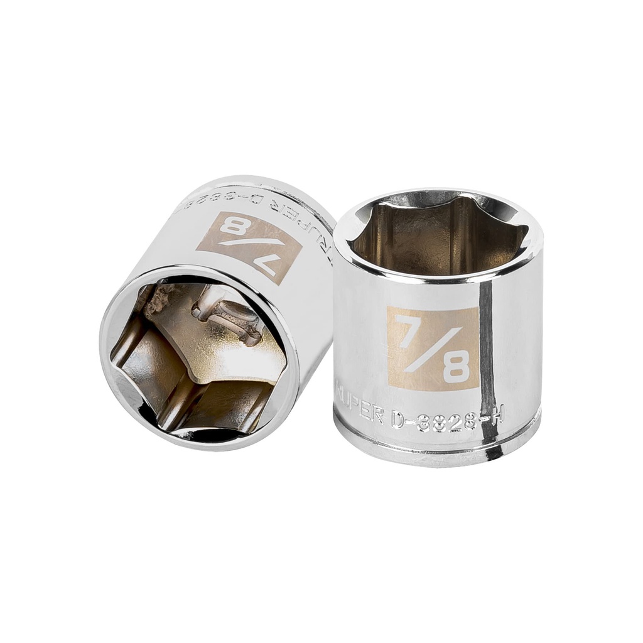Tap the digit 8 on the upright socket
(456, 367)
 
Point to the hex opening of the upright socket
(437, 235)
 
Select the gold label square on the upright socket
(433, 349)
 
